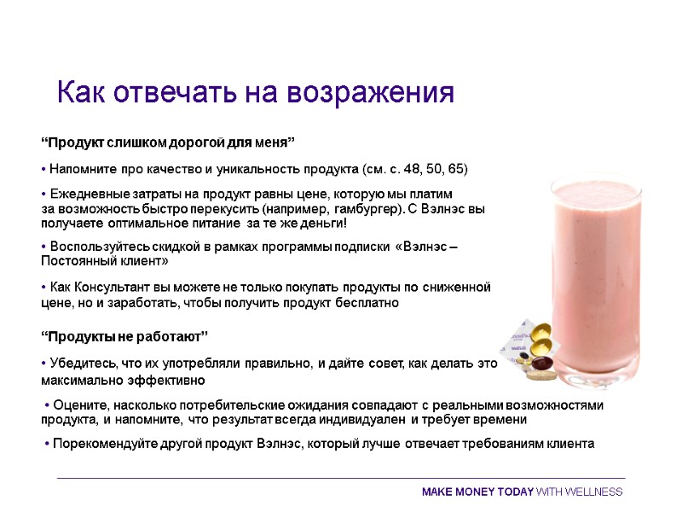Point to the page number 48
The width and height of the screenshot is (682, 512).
tap(415, 167)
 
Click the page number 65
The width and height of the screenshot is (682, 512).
tap(456, 167)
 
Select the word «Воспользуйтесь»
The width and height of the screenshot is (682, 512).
tap(100, 247)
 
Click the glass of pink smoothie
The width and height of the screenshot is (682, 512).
tap(592, 273)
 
